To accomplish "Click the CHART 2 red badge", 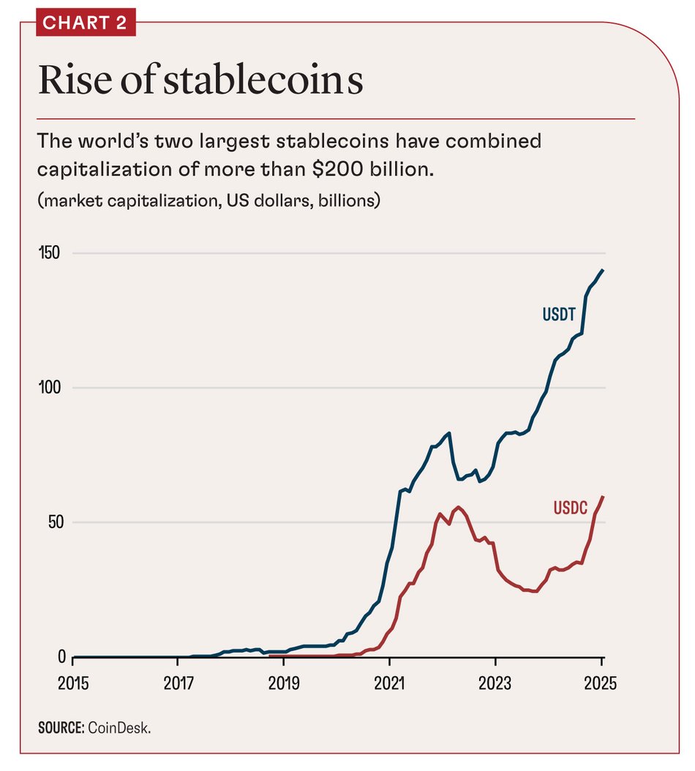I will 85,23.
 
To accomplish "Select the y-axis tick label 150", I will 49,253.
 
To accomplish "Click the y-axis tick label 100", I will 49,388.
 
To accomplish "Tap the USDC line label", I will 570,508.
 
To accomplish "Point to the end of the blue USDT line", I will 603,270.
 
